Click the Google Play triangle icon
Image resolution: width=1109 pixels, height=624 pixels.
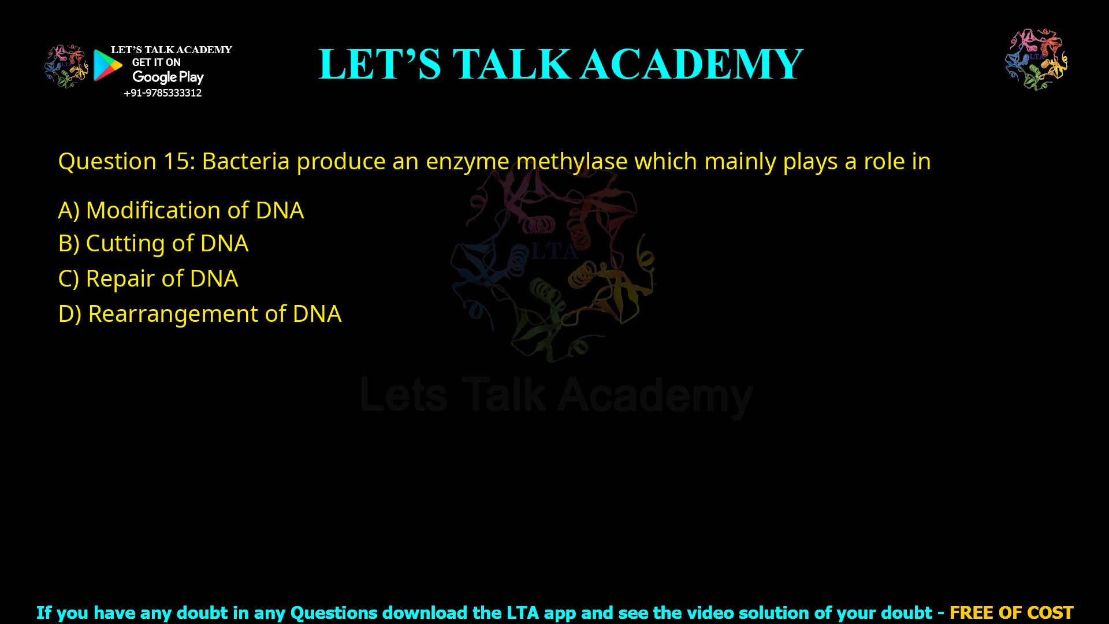(107, 65)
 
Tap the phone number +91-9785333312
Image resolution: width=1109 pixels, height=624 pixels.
(162, 93)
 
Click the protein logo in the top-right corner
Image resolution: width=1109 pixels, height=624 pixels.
(1036, 59)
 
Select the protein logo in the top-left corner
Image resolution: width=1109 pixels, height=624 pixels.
(66, 66)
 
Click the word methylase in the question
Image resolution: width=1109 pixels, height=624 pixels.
(572, 162)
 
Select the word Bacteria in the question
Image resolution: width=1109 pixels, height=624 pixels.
(245, 162)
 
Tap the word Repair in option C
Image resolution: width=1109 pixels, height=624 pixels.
(120, 279)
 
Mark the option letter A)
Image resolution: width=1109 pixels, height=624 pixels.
(69, 210)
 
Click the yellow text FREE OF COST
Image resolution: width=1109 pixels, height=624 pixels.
(1011, 612)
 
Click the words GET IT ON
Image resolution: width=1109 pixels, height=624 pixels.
(156, 62)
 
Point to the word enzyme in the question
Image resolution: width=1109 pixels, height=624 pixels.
(467, 162)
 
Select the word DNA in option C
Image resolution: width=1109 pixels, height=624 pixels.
(214, 279)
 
